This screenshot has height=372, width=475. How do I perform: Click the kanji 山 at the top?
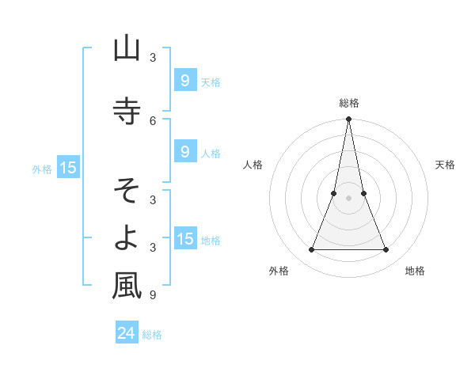[x=127, y=49]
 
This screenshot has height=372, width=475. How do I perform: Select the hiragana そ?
[x=127, y=189]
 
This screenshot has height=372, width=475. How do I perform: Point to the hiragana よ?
[x=127, y=237]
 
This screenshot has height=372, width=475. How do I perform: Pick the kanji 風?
[x=127, y=286]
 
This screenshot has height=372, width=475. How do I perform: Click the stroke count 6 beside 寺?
[x=152, y=120]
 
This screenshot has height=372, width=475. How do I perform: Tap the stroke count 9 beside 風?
[x=152, y=295]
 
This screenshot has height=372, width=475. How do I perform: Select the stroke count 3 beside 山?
[x=152, y=58]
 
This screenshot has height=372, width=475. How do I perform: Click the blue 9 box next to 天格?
[x=184, y=80]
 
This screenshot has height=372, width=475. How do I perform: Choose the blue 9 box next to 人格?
[x=184, y=151]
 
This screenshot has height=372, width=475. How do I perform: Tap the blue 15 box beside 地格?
[x=184, y=239]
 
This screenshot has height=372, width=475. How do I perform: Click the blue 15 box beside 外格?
[x=67, y=167]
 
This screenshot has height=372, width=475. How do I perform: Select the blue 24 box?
[x=126, y=333]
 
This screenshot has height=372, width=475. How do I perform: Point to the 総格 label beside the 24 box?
[x=152, y=335]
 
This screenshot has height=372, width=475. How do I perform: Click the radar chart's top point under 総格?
[x=348, y=120]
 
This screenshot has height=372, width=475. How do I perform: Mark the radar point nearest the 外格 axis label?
[x=311, y=249]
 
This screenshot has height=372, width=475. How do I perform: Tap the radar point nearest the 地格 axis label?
[x=386, y=249]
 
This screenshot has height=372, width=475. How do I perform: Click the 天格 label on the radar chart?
[x=446, y=165]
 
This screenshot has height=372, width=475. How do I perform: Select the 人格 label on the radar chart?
[x=253, y=165]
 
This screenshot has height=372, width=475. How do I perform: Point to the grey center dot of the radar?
[x=348, y=198]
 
